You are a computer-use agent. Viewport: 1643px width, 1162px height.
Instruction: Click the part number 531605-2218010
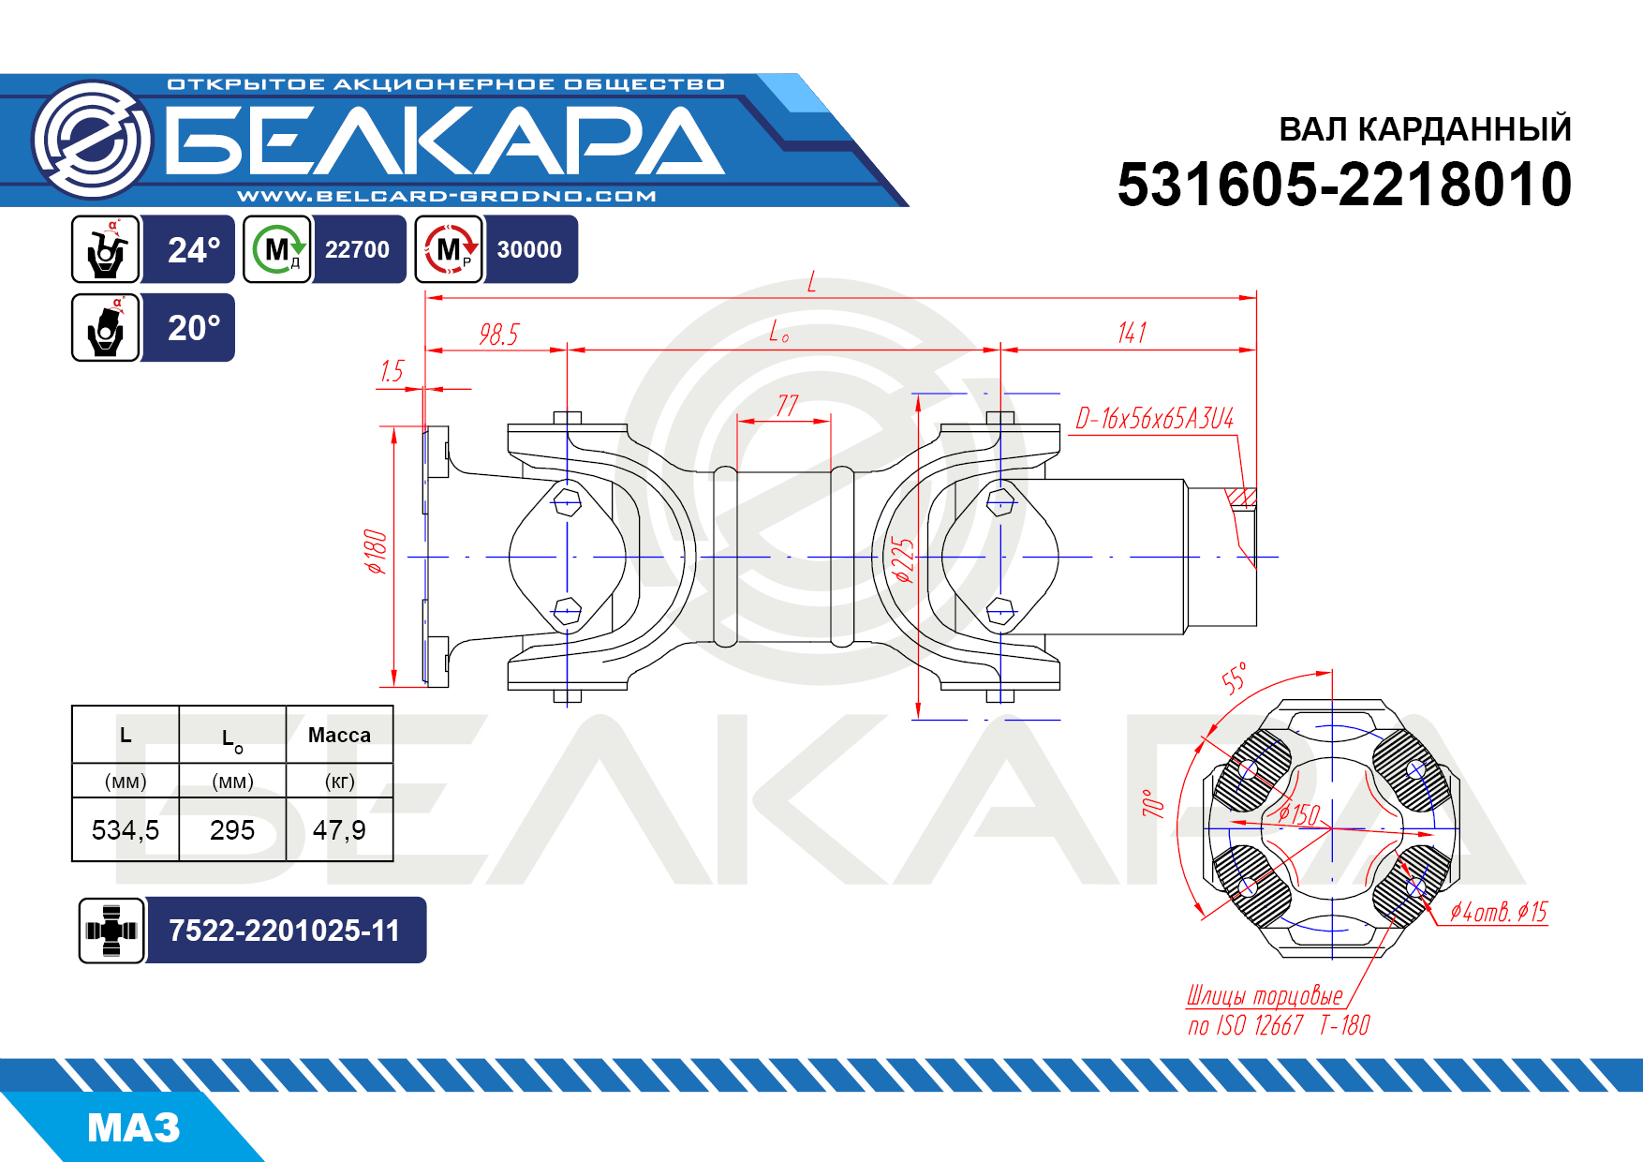click(x=1344, y=185)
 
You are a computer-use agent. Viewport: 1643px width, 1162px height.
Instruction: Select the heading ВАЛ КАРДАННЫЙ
click(x=1425, y=129)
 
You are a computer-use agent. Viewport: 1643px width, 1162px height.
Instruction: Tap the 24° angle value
click(x=194, y=250)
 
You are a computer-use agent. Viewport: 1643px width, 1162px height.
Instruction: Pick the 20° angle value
click(x=194, y=328)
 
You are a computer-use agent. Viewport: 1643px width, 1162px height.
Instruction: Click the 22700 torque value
click(x=357, y=250)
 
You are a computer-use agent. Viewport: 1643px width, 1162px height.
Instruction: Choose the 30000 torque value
click(x=529, y=250)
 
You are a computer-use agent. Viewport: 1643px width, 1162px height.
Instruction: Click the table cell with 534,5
click(x=126, y=830)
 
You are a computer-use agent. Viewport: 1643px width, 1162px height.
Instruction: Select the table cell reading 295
click(x=232, y=830)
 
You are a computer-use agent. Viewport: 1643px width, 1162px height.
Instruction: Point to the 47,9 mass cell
click(x=339, y=830)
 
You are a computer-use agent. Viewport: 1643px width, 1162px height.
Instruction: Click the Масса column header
click(x=339, y=736)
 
